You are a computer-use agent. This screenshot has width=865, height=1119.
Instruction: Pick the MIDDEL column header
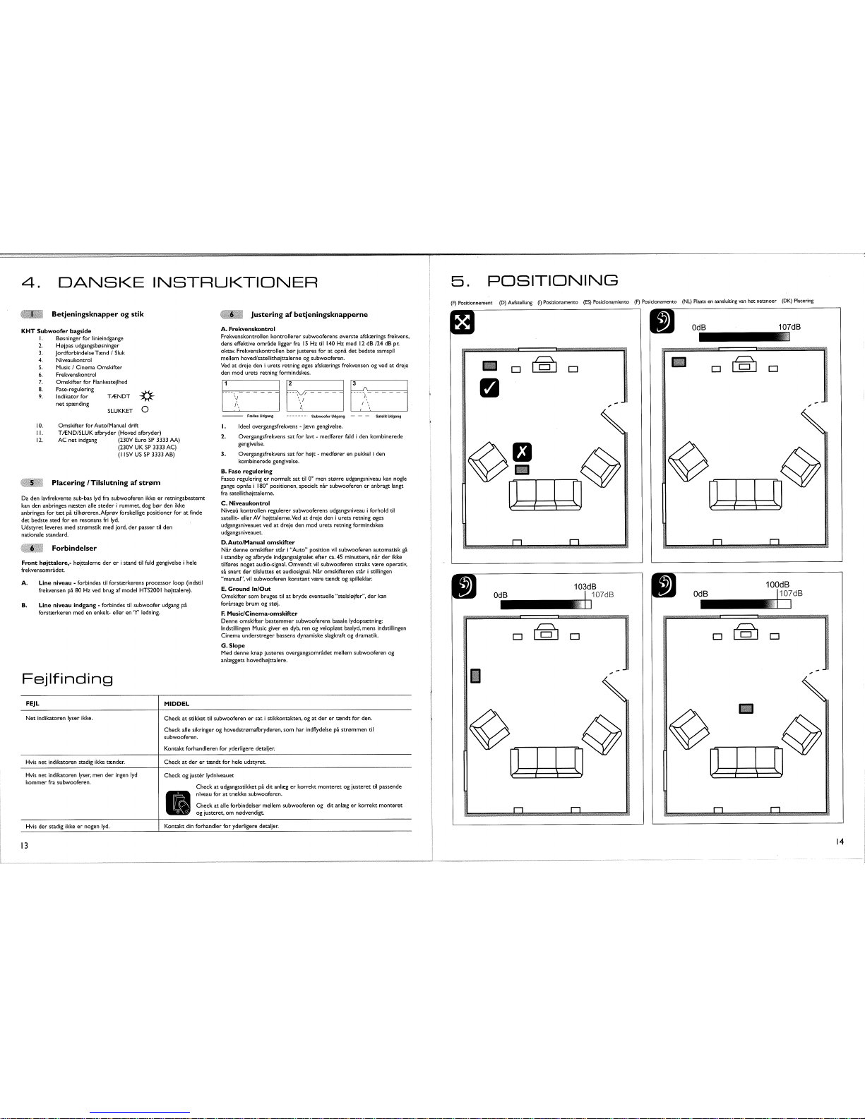177,704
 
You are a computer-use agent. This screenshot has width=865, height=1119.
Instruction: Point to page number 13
24,846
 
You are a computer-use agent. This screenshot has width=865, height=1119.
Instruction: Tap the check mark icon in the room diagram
490,388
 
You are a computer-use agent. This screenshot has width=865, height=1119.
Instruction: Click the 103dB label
586,587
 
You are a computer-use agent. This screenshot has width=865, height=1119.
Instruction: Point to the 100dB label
778,585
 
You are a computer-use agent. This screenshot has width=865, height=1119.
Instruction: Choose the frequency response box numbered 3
378,395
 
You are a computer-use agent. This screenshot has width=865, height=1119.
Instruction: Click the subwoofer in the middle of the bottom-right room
746,708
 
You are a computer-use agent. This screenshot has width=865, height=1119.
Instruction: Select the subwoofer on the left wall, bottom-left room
475,676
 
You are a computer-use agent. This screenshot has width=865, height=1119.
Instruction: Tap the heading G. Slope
233,645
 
